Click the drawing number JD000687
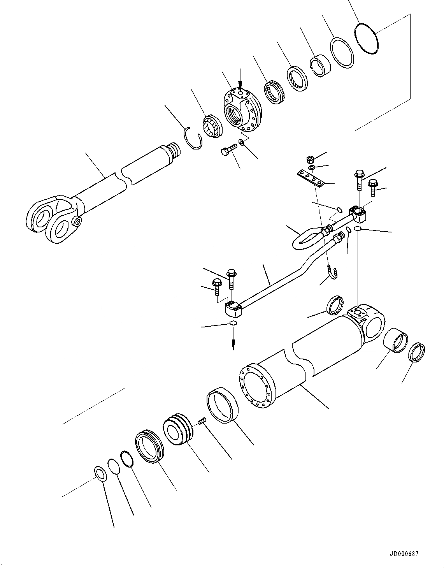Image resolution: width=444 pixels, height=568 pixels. pos(403,554)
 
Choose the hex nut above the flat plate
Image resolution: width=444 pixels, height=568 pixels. pos(310,159)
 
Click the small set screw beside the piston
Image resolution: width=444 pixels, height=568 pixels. pos(202,421)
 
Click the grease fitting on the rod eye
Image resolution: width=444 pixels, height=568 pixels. pos(77,222)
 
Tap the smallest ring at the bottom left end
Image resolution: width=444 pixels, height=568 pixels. pos(100,474)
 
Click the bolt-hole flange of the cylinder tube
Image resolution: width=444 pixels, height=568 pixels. pos(256,385)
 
